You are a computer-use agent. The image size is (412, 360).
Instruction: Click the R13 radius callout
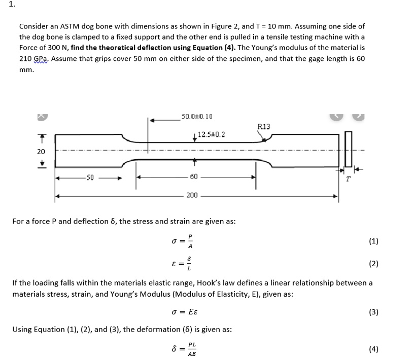coord(264,126)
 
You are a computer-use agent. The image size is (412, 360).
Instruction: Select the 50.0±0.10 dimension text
coord(197,117)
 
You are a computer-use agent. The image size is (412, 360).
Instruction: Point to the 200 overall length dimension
coord(192,195)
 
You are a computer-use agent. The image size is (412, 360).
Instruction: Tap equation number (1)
coord(373,241)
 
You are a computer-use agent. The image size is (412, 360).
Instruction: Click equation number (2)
coord(373,263)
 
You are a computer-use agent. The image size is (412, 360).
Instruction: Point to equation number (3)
coord(373,312)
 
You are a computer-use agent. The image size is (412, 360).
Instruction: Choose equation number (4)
coord(373,348)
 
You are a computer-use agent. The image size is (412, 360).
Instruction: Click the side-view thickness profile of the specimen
coord(349,149)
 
